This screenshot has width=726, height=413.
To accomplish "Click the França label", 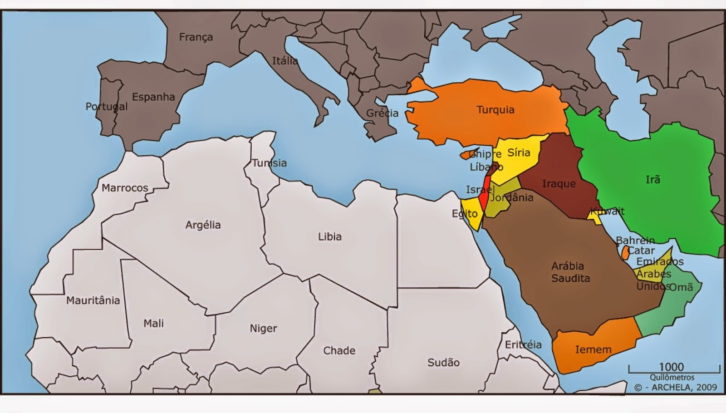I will [x=196, y=37].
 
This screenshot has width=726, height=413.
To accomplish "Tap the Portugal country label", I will [x=106, y=106].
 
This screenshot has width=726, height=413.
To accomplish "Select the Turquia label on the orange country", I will [x=495, y=110].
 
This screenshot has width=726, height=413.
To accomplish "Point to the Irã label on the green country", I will [x=652, y=180].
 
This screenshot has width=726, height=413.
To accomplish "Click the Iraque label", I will [x=559, y=184].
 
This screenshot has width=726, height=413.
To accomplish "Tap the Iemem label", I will [x=593, y=349].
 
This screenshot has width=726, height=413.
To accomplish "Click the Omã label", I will [x=681, y=287].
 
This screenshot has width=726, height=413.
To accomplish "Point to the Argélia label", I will [x=203, y=225].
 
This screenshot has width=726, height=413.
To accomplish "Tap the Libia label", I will [x=329, y=236].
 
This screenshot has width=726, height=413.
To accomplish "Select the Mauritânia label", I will [x=93, y=300].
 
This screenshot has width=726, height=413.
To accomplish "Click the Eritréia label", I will [x=523, y=344].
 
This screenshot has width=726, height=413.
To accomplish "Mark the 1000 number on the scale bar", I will [x=671, y=367].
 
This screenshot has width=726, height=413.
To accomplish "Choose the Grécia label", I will [x=382, y=113].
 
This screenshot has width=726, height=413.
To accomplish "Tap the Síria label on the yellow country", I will [x=518, y=152].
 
